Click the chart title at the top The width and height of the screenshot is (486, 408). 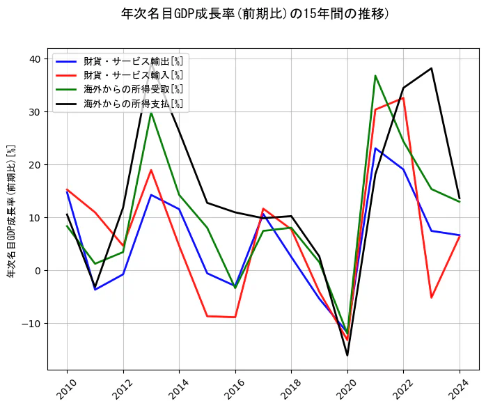256,14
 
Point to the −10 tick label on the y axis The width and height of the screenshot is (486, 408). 31,324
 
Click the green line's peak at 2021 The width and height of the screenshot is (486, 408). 375,76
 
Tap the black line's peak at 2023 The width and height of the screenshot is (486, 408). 432,68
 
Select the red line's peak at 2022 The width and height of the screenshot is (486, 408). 403,97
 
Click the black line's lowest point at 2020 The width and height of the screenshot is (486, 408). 347,355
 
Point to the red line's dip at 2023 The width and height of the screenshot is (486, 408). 432,297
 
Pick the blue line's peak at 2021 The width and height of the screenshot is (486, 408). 375,148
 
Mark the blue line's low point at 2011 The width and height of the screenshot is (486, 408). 95,290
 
